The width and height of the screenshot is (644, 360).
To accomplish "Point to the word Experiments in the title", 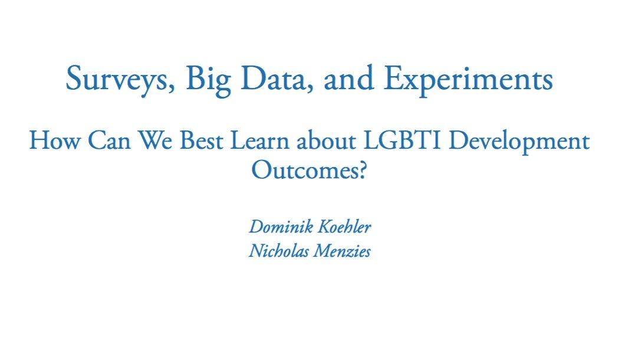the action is coord(468,80).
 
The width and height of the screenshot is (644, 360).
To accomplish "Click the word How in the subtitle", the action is coord(54,140).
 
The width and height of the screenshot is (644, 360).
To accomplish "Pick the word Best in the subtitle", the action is coord(201,140).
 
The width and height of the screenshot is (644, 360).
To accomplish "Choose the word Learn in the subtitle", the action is coord(259,140).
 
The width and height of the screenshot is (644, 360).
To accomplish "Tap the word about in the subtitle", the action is coord(326,140).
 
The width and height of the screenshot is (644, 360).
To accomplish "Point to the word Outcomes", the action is coord(303,170).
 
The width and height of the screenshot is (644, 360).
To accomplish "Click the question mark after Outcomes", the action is coord(361,170).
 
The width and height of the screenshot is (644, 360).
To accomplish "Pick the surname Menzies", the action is coord(341,251).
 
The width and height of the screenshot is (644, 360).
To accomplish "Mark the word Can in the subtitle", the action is coord(109,140).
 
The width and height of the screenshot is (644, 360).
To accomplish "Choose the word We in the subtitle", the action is coord(155,140).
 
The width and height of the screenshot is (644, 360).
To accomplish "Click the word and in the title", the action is coord(349,79).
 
